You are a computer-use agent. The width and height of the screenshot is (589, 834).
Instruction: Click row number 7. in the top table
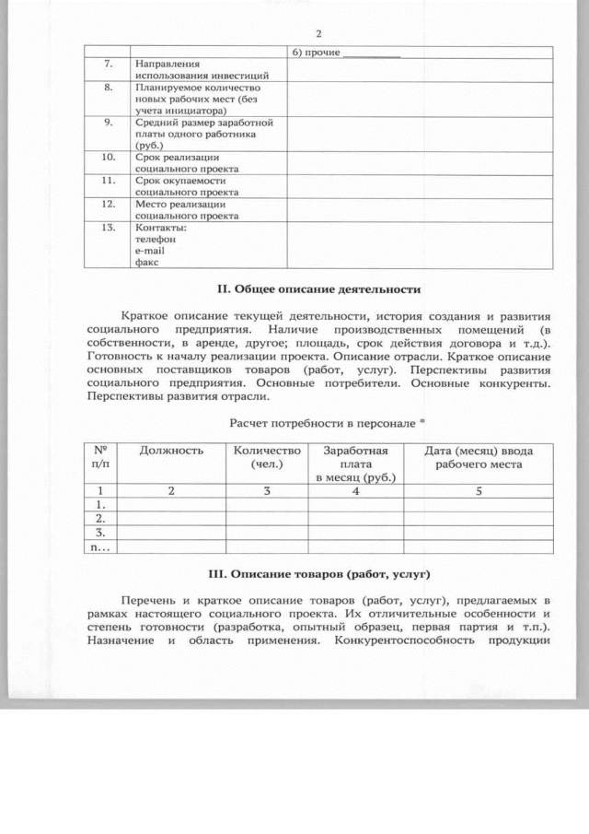(x=107, y=63)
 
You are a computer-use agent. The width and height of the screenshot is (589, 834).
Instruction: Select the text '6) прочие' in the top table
(x=318, y=53)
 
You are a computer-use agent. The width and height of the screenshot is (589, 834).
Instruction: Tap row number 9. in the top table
(x=107, y=122)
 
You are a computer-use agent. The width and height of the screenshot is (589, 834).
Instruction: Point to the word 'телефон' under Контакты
(x=155, y=239)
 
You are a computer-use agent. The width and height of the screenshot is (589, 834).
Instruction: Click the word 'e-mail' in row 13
(x=151, y=250)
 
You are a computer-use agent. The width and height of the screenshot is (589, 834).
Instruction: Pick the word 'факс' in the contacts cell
(x=147, y=262)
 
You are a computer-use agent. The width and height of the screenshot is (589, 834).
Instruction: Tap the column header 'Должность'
(x=171, y=451)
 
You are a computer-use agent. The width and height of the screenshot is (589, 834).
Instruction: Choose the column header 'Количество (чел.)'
(x=267, y=457)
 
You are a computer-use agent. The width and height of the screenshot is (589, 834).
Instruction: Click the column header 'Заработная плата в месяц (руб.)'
(x=355, y=464)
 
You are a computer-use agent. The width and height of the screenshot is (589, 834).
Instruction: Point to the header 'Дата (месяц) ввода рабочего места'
(x=479, y=457)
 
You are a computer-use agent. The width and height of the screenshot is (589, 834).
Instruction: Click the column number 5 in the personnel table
(x=479, y=491)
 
